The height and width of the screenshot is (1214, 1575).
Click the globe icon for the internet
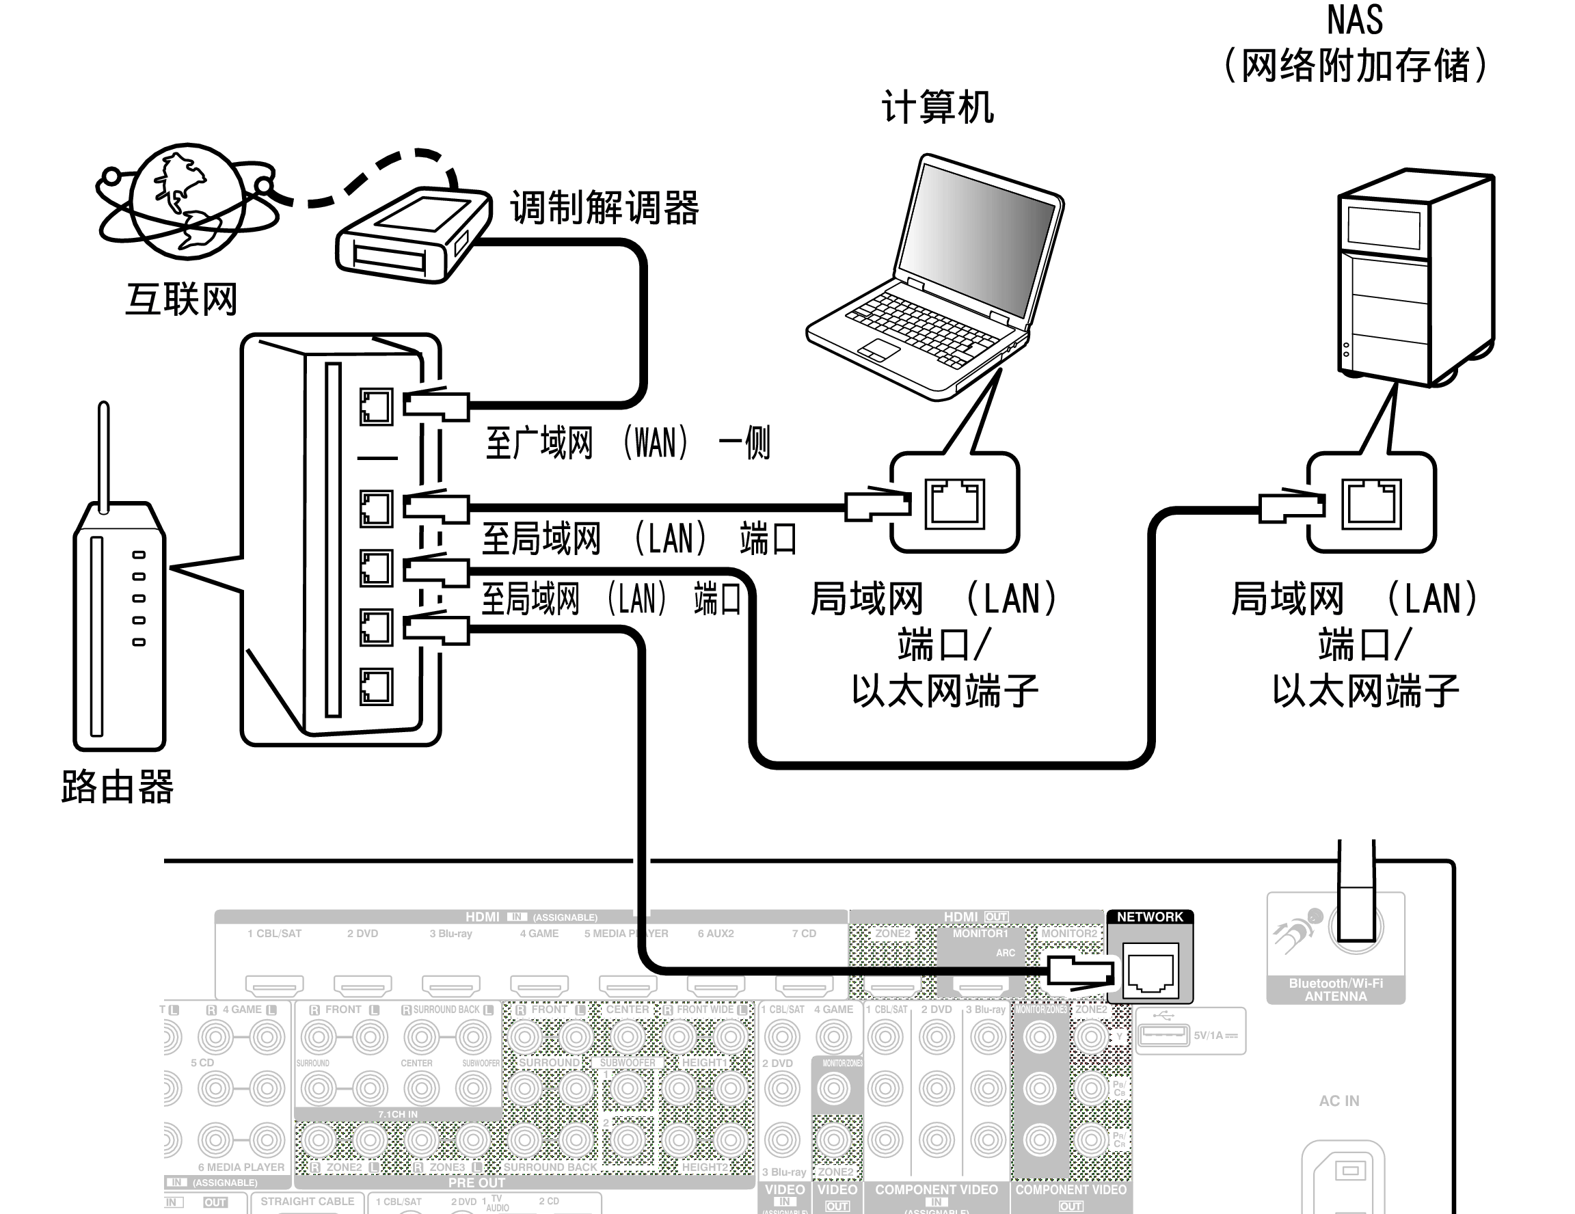187,200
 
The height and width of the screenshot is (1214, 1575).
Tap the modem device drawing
411,235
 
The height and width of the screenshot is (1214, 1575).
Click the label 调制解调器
604,208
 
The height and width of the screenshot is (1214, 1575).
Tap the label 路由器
118,787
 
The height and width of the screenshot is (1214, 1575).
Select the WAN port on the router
376,407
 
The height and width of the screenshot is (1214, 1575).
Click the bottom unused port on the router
376,686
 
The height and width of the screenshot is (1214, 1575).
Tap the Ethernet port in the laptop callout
955,503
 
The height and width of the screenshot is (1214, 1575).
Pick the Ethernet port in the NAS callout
1371,503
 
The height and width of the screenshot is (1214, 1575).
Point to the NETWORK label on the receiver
1150,917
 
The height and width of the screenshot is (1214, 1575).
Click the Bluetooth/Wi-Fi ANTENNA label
1336,990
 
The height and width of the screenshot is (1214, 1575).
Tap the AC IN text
1338,1101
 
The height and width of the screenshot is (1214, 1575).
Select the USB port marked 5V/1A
1163,1034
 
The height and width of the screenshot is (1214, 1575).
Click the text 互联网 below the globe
181,299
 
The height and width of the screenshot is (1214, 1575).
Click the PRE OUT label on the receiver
476,1183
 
